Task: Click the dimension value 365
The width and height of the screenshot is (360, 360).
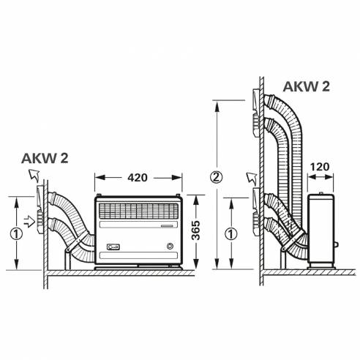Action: (x=197, y=230)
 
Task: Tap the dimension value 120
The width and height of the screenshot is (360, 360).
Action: (x=320, y=166)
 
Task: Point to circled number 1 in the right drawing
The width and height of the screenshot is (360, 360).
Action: (x=232, y=234)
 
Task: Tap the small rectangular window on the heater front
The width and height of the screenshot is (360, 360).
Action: (x=113, y=247)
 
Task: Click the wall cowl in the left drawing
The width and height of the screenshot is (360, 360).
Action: (x=40, y=208)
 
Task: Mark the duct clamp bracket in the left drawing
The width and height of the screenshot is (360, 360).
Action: (x=68, y=258)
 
